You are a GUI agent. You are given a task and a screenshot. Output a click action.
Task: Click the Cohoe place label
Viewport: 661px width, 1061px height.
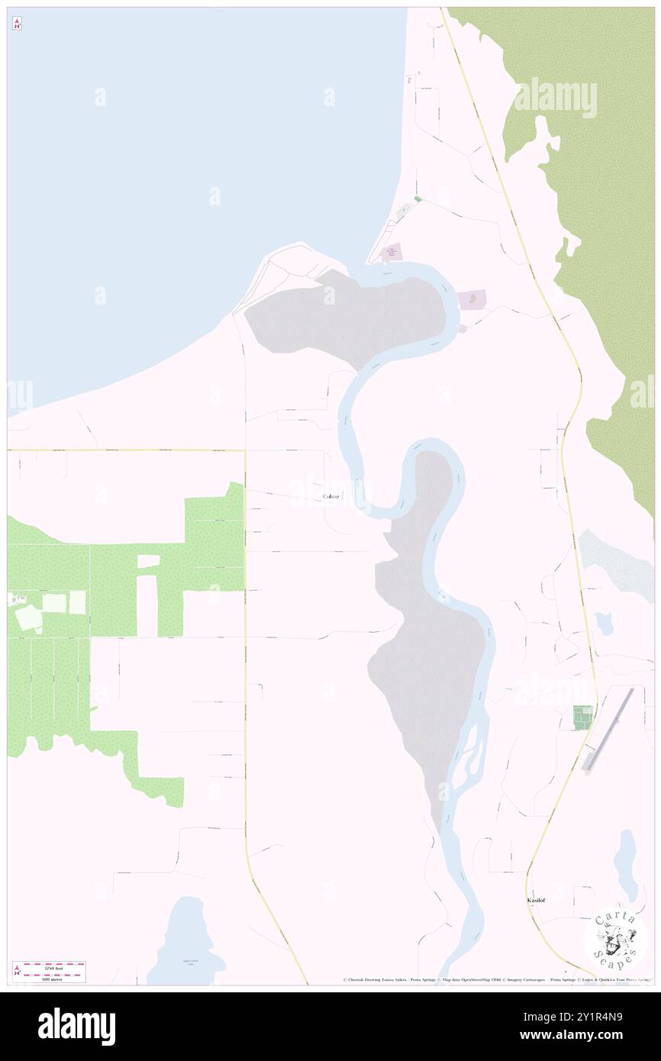pyautogui.click(x=330, y=497)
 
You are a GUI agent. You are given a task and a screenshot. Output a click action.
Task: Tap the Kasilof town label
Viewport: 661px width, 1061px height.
pyautogui.click(x=535, y=901)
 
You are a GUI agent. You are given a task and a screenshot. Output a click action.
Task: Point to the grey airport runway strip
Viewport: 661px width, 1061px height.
pyautogui.click(x=607, y=728)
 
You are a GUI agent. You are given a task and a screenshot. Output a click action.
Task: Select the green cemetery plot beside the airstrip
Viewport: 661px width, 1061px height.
pyautogui.click(x=582, y=717)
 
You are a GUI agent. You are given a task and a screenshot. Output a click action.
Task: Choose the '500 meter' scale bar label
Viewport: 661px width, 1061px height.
pyautogui.click(x=53, y=979)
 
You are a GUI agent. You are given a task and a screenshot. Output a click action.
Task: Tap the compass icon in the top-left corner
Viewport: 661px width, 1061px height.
pyautogui.click(x=17, y=24)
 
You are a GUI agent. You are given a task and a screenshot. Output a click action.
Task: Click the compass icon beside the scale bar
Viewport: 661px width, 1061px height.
pyautogui.click(x=17, y=972)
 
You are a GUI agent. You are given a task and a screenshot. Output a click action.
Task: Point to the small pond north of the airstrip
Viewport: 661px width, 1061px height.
pyautogui.click(x=605, y=624)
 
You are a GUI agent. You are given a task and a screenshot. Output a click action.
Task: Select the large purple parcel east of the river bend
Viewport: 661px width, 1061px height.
pyautogui.click(x=473, y=298)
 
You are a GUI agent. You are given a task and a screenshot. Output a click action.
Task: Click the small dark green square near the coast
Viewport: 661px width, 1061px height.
pyautogui.click(x=418, y=199)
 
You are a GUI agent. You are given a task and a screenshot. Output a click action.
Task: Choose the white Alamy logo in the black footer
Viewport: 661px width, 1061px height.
pyautogui.click(x=77, y=1026)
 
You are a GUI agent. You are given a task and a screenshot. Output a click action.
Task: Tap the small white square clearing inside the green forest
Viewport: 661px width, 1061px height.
pyautogui.click(x=148, y=561)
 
